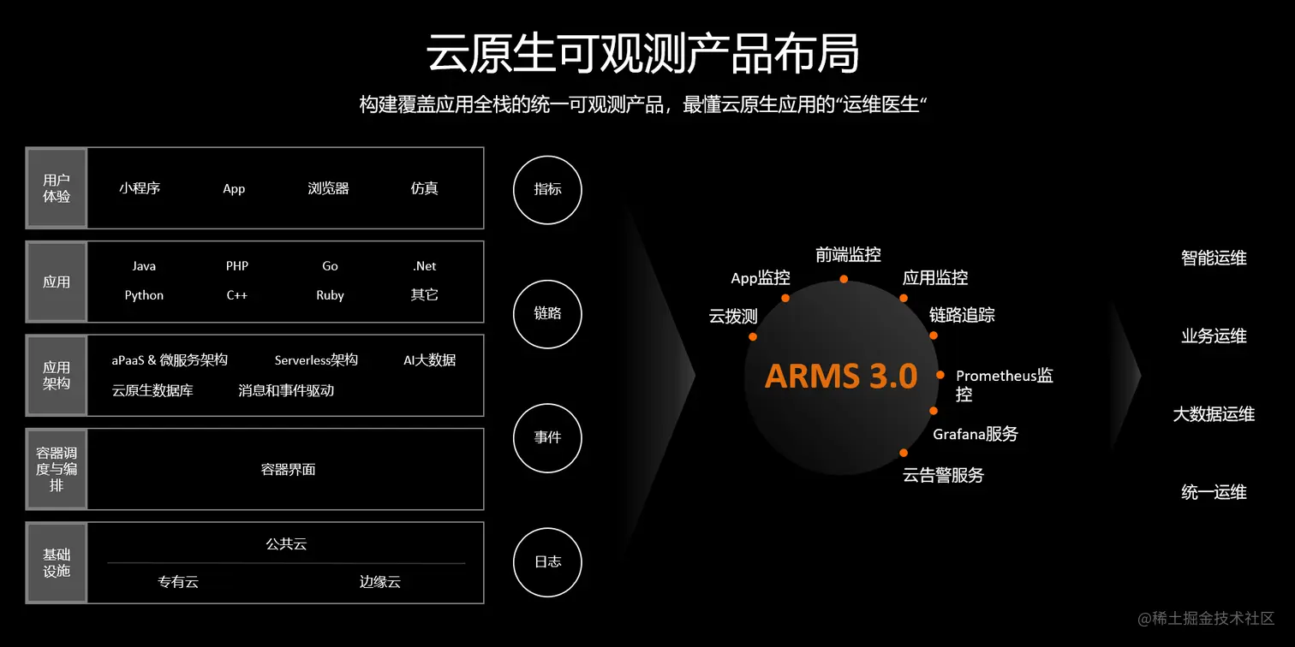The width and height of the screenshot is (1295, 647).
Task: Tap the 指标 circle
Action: click(x=547, y=189)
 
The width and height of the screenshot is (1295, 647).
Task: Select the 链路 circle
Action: click(x=547, y=313)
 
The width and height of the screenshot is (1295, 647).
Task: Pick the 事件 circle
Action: click(x=547, y=437)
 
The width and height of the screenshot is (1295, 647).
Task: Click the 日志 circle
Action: click(x=547, y=562)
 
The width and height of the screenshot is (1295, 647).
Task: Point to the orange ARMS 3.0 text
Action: click(x=841, y=376)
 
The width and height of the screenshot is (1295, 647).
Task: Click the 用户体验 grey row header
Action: click(x=57, y=188)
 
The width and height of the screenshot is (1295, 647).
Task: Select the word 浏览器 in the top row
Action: click(x=328, y=189)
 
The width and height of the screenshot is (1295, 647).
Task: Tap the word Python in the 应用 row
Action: click(x=144, y=295)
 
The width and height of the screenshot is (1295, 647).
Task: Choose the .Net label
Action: click(x=424, y=266)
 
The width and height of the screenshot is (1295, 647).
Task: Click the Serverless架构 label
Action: click(x=316, y=360)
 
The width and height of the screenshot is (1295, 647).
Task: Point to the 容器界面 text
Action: click(x=288, y=469)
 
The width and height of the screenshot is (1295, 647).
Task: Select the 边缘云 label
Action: click(x=379, y=582)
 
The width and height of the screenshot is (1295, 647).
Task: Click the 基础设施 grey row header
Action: click(x=57, y=562)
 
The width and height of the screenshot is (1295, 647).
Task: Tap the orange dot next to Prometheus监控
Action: click(x=940, y=375)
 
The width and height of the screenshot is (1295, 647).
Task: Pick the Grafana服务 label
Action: click(x=976, y=434)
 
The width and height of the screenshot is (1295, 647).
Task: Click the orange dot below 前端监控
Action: click(x=844, y=279)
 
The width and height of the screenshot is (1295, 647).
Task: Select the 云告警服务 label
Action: click(x=943, y=475)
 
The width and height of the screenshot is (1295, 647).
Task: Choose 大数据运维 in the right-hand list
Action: click(x=1214, y=414)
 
